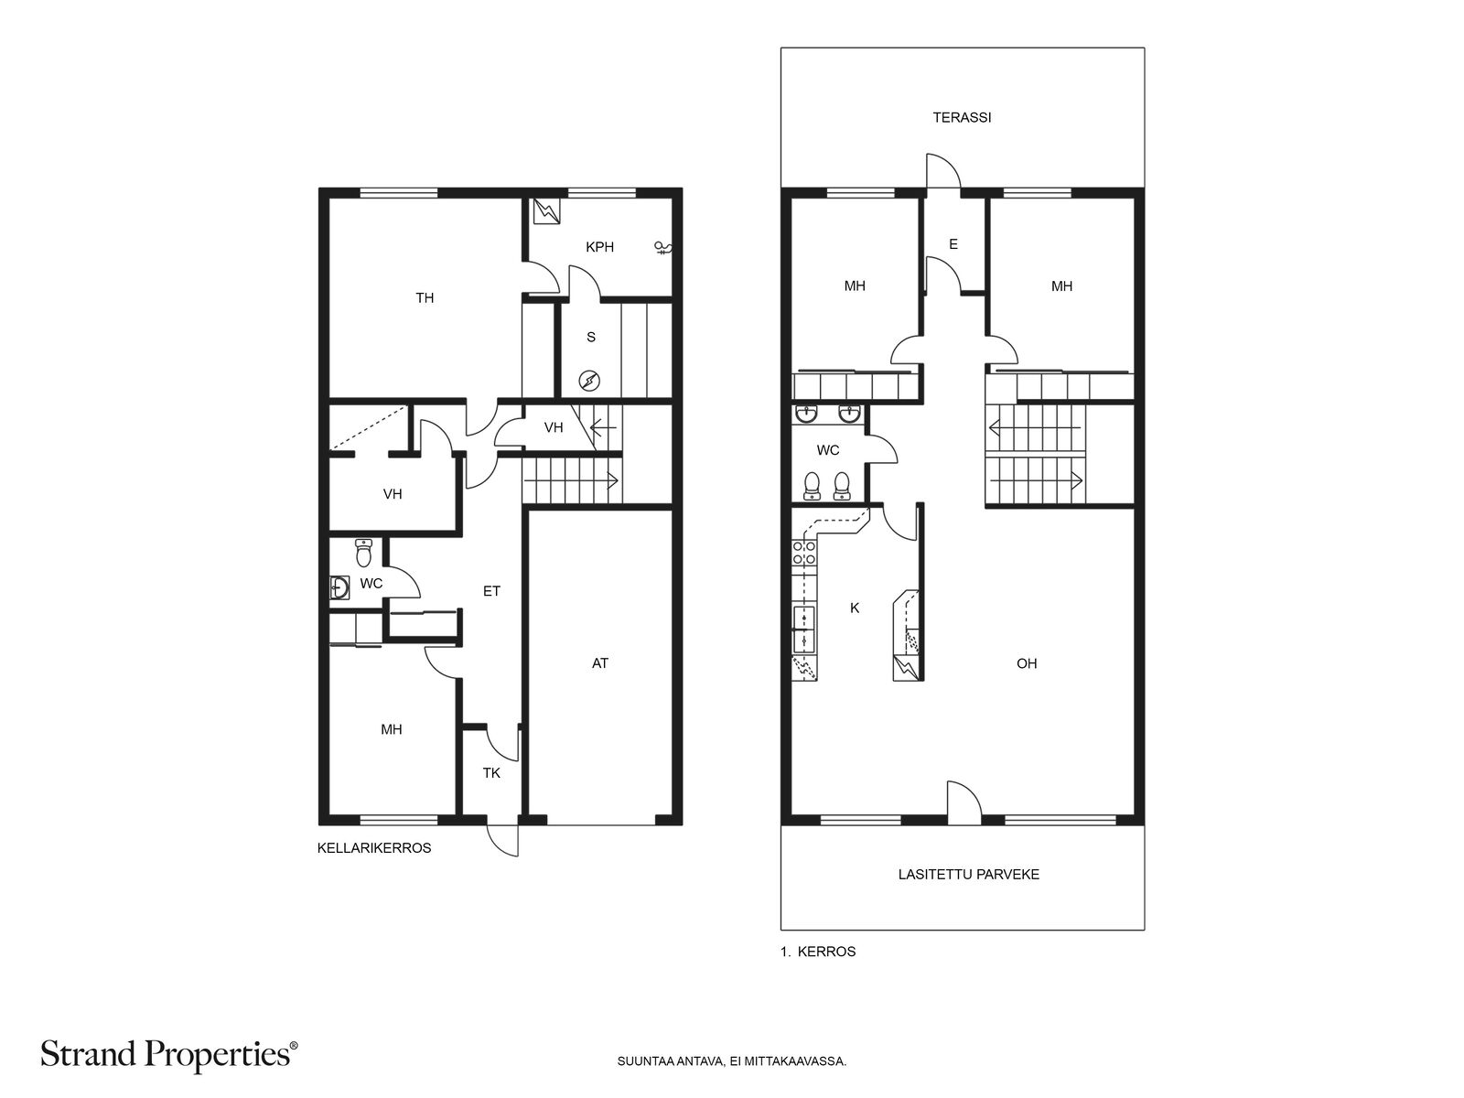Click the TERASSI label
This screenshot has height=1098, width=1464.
tap(961, 117)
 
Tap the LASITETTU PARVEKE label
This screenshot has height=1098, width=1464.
tap(968, 874)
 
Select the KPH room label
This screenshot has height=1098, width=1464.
tap(599, 247)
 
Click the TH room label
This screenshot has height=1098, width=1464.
tap(425, 298)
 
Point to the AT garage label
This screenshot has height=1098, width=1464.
tap(600, 663)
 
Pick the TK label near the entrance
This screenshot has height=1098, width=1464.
tap(491, 773)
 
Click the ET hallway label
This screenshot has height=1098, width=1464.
tap(491, 591)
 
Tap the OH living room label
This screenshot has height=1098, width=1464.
tap(1027, 663)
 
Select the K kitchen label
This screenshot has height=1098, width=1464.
tap(855, 608)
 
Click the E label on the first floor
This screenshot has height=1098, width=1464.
tap(953, 244)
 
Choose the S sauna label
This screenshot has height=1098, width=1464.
tap(591, 338)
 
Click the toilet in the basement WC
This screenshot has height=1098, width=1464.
tap(363, 553)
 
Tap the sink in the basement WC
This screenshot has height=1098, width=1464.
tap(340, 588)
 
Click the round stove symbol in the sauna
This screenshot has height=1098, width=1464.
tap(589, 382)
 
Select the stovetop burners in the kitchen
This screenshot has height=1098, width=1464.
tap(803, 553)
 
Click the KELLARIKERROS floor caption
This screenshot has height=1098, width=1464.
tap(374, 848)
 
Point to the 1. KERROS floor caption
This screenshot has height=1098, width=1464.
tap(818, 952)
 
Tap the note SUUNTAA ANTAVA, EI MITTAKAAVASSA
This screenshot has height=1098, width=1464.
tap(732, 1060)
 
